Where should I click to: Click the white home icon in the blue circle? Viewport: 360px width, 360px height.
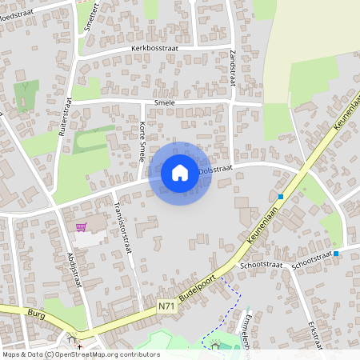pos(180,173)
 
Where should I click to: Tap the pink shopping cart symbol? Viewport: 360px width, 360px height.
pos(81,227)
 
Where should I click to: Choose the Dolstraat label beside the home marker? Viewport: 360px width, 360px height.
pos(215,170)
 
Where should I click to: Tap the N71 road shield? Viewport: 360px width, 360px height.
pos(166,306)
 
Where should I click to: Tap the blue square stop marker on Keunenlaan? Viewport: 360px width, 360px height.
pos(281,197)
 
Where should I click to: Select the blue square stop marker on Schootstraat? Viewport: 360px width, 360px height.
pos(335,254)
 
